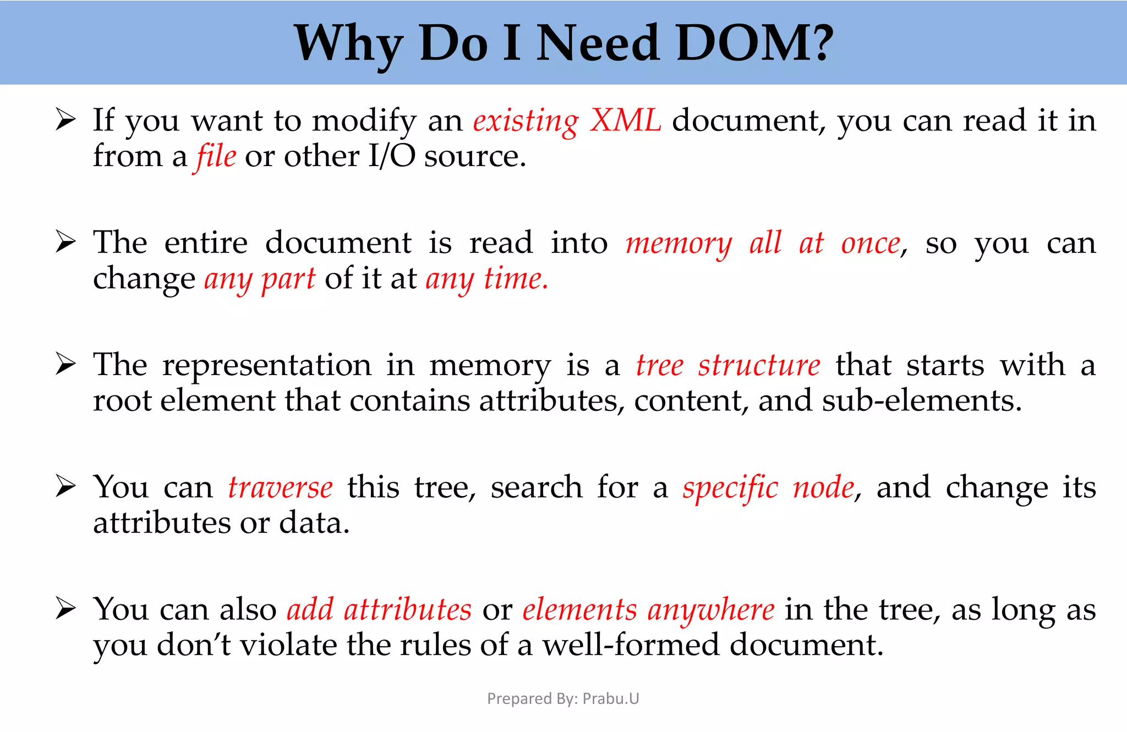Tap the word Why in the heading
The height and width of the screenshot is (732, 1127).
pos(349,44)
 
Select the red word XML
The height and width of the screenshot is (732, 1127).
pos(625,120)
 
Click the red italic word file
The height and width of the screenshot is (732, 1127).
pos(215,157)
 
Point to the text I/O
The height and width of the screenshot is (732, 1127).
pos(391,156)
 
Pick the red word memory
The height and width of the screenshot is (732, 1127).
pos(679,244)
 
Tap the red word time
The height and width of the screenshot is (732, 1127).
pos(516,279)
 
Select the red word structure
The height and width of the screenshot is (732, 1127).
pos(759,366)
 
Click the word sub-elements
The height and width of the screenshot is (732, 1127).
pos(922,400)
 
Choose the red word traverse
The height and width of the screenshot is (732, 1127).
pos(280,488)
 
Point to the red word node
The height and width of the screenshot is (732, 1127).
pos(823,488)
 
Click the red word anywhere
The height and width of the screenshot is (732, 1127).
pos(711,610)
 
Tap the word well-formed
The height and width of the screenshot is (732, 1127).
pos(631,645)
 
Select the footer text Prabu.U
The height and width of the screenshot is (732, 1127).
pos(611,698)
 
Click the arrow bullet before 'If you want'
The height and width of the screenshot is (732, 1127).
pos(65,120)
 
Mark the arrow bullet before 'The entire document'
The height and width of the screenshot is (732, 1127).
pos(65,243)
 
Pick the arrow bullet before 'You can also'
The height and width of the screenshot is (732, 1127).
pos(65,609)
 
